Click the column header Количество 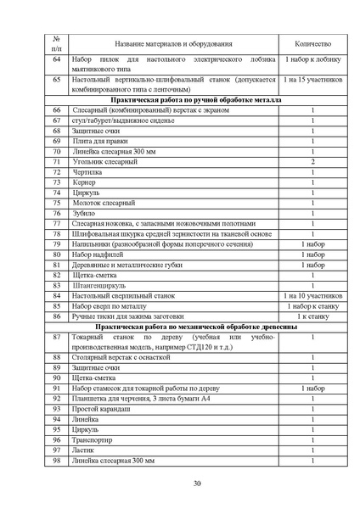312,43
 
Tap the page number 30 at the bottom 197,484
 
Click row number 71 56,161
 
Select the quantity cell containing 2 312,161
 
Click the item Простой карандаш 105,409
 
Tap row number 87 56,337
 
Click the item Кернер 87,182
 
